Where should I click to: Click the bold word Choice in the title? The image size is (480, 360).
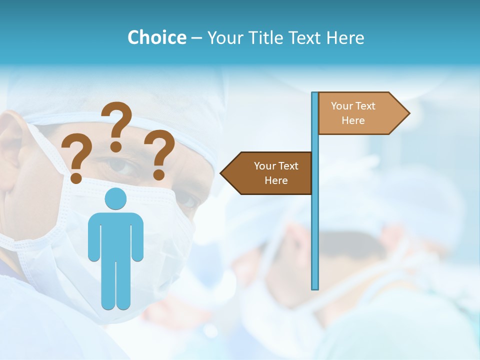tap(156, 37)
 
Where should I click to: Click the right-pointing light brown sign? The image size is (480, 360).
tap(360, 113)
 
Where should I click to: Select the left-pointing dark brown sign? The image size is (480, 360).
tap(270, 173)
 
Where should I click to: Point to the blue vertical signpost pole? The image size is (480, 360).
tap(314, 225)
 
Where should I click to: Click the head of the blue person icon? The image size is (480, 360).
tap(115, 198)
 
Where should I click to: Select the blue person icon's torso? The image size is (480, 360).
tap(115, 235)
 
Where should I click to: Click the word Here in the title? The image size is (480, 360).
tap(345, 37)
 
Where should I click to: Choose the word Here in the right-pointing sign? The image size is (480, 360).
tap(353, 120)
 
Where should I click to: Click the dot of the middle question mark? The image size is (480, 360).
tap(116, 146)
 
